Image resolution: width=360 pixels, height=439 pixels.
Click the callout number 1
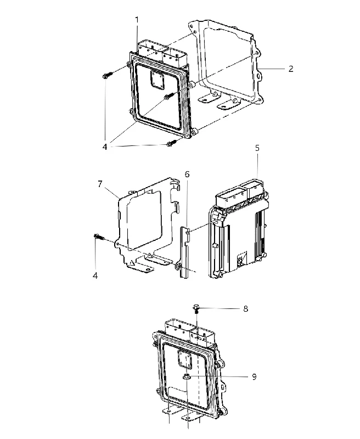pyautogui.click(x=137, y=20)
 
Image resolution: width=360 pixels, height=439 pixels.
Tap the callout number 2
pyautogui.click(x=291, y=69)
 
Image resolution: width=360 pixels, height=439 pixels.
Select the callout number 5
pyautogui.click(x=257, y=148)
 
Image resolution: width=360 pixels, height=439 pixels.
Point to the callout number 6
pyautogui.click(x=187, y=175)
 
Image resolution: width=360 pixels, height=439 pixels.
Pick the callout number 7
pyautogui.click(x=100, y=184)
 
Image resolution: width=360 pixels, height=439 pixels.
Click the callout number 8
pyautogui.click(x=245, y=309)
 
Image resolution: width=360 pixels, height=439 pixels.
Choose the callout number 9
pyautogui.click(x=254, y=377)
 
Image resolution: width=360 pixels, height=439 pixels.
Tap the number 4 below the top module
pyautogui.click(x=105, y=147)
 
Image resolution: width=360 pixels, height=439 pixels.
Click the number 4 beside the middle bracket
pyautogui.click(x=95, y=276)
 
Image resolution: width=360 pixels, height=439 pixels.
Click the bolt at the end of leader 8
pyautogui.click(x=196, y=309)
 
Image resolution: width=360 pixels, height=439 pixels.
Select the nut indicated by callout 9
pyautogui.click(x=187, y=377)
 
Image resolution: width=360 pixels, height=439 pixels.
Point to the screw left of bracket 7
pyautogui.click(x=99, y=237)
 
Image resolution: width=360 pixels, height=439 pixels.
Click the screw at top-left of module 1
pyautogui.click(x=107, y=75)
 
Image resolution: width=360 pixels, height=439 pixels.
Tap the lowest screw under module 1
pyautogui.click(x=171, y=144)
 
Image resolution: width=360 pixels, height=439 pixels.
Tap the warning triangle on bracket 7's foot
pyautogui.click(x=131, y=263)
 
